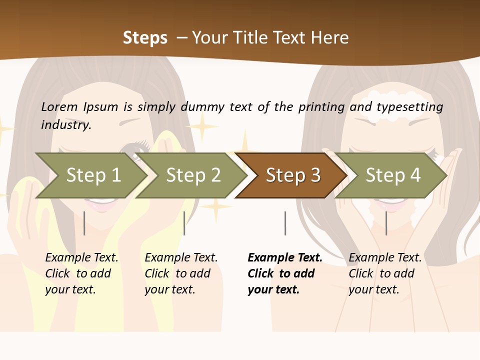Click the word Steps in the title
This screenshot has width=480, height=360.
145,37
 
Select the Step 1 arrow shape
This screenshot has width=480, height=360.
92,175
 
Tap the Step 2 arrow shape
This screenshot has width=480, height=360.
192,175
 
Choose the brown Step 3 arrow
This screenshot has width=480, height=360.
292,175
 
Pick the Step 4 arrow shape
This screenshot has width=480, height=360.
392,175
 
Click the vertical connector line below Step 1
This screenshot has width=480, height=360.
84,223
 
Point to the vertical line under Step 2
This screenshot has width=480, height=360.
184,223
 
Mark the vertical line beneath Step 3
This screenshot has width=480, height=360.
285,223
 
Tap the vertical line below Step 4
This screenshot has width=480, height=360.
386,223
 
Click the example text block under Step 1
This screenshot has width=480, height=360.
81,273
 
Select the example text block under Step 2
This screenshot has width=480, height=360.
181,273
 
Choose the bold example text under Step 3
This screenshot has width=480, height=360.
284,273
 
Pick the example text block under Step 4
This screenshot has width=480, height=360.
385,273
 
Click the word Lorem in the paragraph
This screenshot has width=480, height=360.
59,106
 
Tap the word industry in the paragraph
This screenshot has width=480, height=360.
66,125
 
